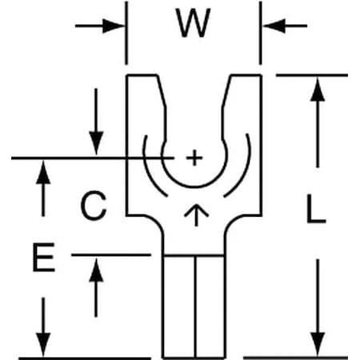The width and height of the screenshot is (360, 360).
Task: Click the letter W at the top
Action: tap(193, 22)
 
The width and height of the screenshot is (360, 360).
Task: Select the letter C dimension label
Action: tap(94, 206)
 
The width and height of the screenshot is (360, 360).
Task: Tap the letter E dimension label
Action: tap(44, 257)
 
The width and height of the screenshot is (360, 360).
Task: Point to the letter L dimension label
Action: tap(316, 209)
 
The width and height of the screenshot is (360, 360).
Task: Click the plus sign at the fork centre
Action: tap(194, 158)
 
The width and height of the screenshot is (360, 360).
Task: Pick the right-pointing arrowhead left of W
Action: tap(114, 26)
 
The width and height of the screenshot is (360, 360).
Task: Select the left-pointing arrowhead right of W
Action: tap(274, 26)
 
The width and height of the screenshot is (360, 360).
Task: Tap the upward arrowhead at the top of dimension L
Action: tap(318, 90)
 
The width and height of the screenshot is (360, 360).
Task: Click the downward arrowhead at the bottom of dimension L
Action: tap(318, 344)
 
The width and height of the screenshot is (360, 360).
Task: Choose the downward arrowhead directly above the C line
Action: tap(96, 143)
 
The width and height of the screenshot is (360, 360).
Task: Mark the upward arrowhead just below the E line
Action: tap(96, 270)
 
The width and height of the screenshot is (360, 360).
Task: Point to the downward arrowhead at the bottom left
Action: tap(43, 345)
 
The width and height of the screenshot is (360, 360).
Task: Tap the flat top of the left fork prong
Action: tap(142, 75)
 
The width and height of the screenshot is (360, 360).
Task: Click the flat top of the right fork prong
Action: tap(246, 75)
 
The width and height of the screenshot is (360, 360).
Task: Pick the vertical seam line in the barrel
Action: tap(195, 306)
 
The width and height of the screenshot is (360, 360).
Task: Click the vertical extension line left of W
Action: tap(126, 33)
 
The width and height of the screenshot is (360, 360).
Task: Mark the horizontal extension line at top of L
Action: tap(312, 75)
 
